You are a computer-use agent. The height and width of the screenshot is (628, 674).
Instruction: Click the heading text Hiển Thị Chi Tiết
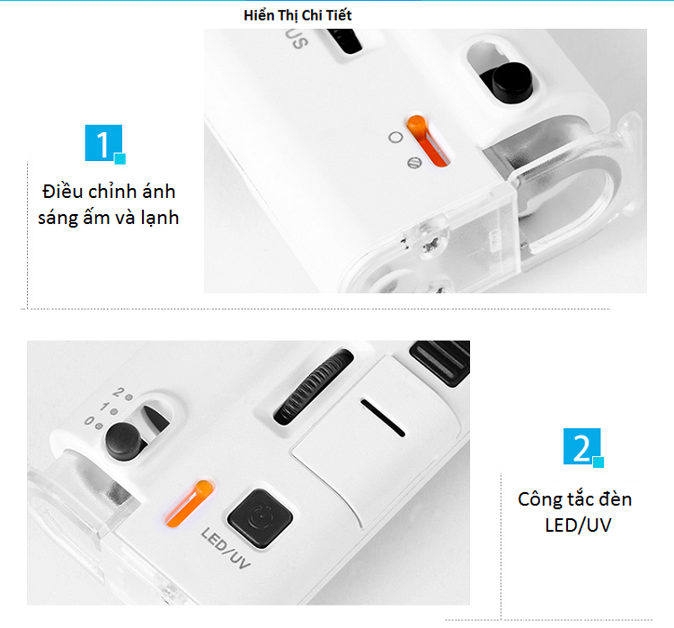[297, 15]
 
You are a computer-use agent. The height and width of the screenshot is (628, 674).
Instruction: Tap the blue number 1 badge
[104, 144]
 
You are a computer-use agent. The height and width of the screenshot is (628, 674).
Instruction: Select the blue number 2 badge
[583, 447]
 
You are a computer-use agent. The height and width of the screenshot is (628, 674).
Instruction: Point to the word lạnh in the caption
[159, 218]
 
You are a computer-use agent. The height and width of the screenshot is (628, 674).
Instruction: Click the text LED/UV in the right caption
[578, 525]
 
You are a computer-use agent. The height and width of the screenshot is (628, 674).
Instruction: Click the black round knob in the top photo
[511, 82]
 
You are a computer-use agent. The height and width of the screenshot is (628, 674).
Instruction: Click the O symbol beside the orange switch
[395, 138]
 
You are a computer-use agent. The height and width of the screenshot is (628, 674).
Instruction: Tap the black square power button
[260, 518]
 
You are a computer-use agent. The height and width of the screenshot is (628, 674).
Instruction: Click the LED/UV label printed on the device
[226, 548]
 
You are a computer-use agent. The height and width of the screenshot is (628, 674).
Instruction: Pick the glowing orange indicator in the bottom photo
[189, 503]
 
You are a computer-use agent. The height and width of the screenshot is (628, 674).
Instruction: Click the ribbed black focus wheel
[312, 386]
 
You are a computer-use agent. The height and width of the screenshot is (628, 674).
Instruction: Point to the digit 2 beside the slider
[119, 392]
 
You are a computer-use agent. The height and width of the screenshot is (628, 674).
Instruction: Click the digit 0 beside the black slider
[90, 420]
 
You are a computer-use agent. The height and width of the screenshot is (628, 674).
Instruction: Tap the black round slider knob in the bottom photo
[124, 441]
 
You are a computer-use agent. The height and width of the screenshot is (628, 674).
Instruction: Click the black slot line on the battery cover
[382, 417]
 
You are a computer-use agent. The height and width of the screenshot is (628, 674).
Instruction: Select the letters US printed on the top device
[297, 39]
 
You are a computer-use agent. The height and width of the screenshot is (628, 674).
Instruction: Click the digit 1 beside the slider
[104, 407]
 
